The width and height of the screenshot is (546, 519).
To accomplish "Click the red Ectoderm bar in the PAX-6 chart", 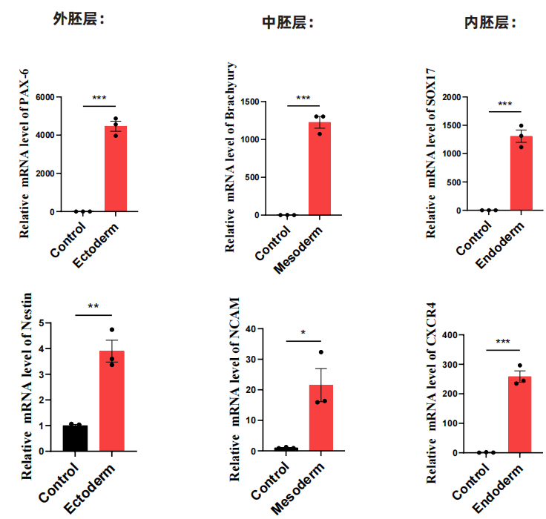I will pyautogui.click(x=116, y=169).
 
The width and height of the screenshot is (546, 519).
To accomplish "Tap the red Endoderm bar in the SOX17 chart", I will pyautogui.click(x=522, y=173).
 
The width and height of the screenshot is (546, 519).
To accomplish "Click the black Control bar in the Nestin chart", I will pyautogui.click(x=75, y=438).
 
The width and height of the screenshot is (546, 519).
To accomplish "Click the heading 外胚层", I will pyautogui.click(x=78, y=19).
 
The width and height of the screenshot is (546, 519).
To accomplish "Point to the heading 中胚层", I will pyautogui.click(x=288, y=22).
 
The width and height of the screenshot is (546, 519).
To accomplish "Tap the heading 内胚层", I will pyautogui.click(x=490, y=22).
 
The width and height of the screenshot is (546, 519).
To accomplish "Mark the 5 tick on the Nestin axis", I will pyautogui.click(x=48, y=323).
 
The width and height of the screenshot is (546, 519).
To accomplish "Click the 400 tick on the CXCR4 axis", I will pyautogui.click(x=451, y=335).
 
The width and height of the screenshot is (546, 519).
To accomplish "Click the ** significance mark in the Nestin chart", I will pyautogui.click(x=93, y=306).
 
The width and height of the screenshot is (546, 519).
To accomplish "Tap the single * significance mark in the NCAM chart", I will pyautogui.click(x=303, y=333).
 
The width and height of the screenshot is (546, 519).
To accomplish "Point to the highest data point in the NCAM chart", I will pyautogui.click(x=321, y=352).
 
